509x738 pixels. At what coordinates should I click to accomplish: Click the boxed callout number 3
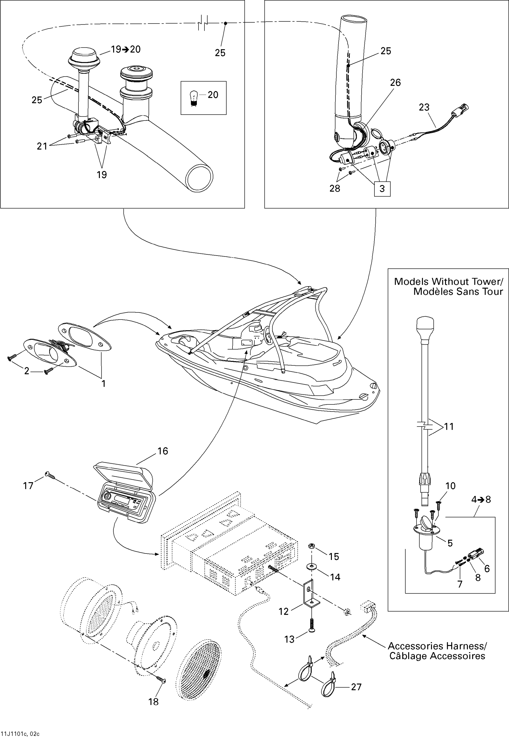[382, 188]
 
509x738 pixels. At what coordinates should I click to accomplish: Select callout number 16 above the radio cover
[163, 451]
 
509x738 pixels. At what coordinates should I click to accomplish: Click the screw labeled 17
[50, 475]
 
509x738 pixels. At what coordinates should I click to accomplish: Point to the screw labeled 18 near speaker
[162, 680]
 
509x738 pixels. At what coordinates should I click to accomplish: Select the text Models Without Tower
[448, 282]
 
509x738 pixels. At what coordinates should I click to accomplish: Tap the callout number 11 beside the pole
[449, 426]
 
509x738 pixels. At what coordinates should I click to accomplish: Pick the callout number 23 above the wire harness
[424, 107]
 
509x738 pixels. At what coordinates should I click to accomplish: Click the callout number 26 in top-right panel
[395, 83]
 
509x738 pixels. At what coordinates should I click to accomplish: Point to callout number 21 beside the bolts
[42, 146]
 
